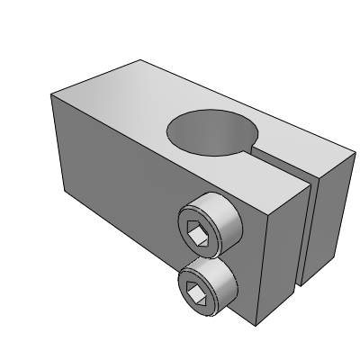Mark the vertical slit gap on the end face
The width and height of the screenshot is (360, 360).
[308, 234]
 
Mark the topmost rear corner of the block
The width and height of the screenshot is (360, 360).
[140, 59]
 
